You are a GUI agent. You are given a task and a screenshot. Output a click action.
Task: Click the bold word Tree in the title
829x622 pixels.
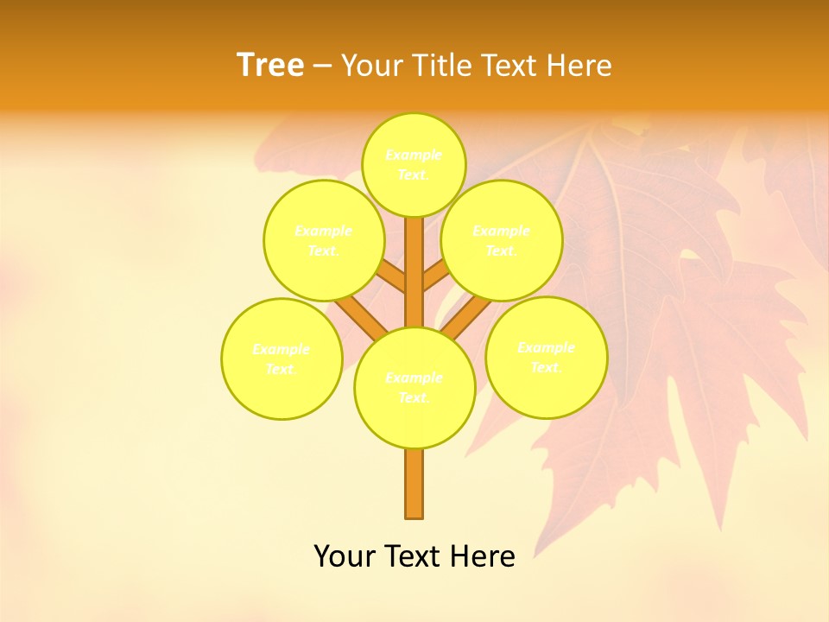click(270, 66)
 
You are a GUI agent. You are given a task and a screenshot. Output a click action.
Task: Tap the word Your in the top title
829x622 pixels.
click(373, 66)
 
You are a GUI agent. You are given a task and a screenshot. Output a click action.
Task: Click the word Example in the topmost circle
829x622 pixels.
click(414, 155)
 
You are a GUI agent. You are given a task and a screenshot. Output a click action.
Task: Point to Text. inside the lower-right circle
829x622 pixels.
click(546, 367)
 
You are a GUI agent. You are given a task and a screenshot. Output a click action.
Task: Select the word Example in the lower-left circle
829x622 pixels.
click(282, 350)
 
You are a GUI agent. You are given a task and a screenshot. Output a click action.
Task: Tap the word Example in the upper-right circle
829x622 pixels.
click(502, 232)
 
